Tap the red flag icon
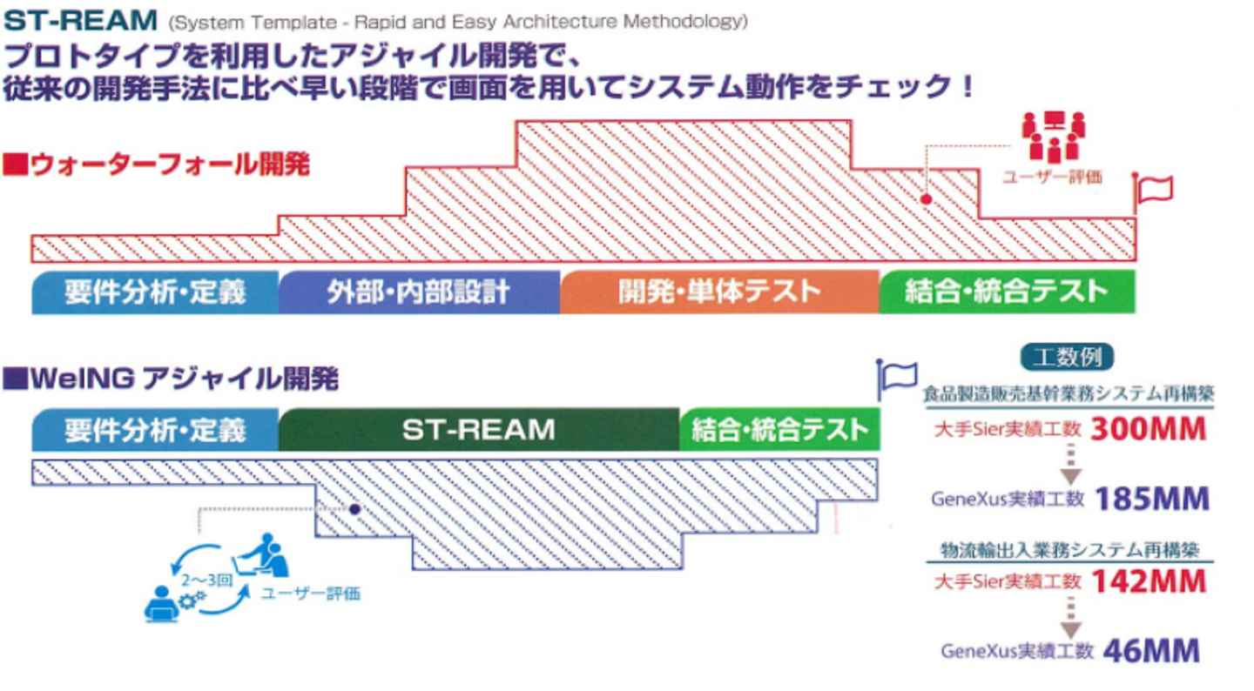tap(1154, 191)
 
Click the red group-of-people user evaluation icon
tap(1053, 135)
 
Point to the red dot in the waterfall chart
tap(927, 199)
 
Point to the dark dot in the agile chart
tap(354, 508)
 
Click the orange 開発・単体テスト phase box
tap(719, 292)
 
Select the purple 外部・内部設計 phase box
tap(419, 292)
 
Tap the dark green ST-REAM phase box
tap(478, 429)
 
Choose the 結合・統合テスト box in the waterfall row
tap(1007, 292)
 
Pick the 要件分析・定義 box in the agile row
tap(155, 429)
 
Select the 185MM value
tap(1152, 499)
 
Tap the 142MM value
tap(1149, 580)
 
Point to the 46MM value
tap(1151, 651)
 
